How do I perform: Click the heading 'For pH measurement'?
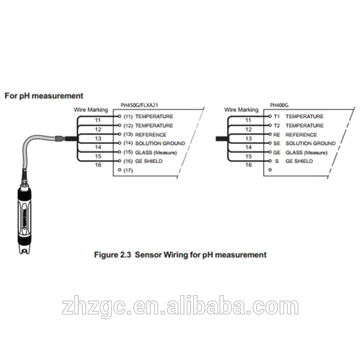(x=44, y=95)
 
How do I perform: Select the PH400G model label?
(x=280, y=104)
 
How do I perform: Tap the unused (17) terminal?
(x=127, y=170)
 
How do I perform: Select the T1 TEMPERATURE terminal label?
(x=294, y=116)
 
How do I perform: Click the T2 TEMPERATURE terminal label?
(x=294, y=125)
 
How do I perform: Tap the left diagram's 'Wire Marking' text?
(x=91, y=110)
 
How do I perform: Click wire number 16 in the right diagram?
(x=248, y=165)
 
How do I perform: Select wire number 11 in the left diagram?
(x=98, y=120)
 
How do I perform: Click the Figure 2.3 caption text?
(x=180, y=254)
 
